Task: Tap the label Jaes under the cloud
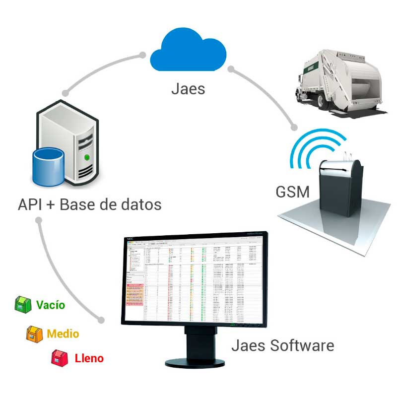pos(188,89)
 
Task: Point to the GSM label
pos(293,191)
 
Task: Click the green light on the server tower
pos(87,157)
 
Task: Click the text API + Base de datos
pos(89,204)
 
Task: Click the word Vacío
pos(50,304)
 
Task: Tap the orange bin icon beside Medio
pos(34,333)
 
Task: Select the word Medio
pos(63,333)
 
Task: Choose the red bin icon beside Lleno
pos(60,357)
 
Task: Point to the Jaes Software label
pos(282,345)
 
